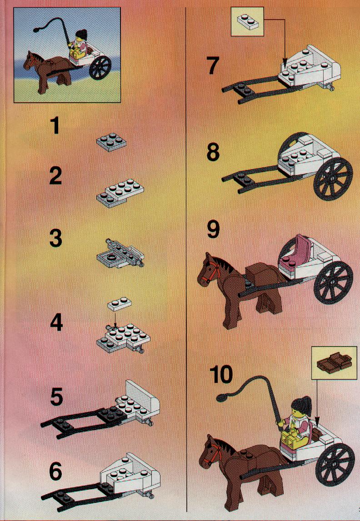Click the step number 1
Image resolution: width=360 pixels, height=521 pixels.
[55, 126]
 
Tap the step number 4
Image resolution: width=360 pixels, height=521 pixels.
[56, 323]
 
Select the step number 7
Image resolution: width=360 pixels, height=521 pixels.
[213, 65]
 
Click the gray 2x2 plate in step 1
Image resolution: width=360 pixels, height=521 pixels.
[111, 142]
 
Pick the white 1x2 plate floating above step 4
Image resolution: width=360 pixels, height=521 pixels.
[120, 304]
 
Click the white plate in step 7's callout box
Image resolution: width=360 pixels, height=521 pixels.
[247, 22]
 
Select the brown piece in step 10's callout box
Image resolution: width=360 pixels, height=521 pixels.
[334, 362]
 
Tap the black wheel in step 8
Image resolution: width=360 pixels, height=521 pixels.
[333, 179]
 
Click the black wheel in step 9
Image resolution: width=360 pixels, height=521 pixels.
[333, 283]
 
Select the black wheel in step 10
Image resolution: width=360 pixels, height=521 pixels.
[335, 465]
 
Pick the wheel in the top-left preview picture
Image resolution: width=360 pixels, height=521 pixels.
[100, 67]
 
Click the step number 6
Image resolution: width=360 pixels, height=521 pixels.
[55, 471]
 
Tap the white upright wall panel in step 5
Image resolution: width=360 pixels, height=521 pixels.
[143, 395]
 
